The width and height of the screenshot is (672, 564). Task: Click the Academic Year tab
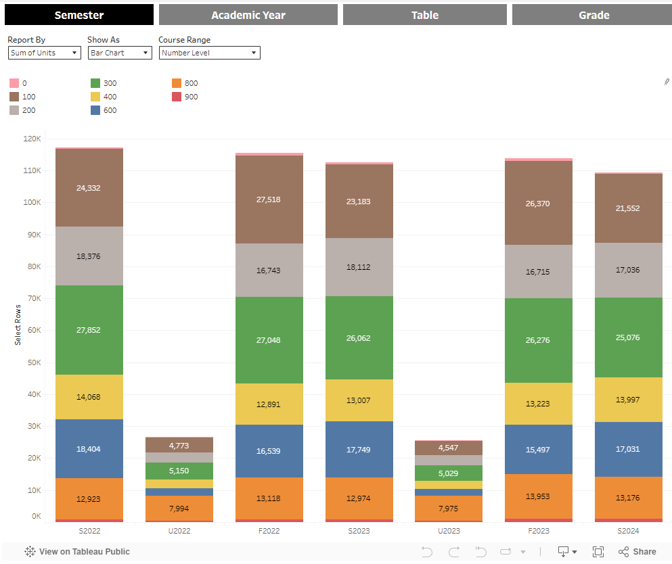(248, 15)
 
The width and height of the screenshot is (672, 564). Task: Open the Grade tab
(593, 15)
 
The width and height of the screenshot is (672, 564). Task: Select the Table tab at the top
(424, 15)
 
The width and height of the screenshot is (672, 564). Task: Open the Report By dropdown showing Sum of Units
(45, 53)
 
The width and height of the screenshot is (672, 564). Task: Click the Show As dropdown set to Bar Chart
(120, 53)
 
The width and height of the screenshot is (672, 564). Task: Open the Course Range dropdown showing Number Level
(209, 53)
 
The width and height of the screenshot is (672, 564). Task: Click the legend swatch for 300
(95, 83)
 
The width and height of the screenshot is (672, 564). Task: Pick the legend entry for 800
(177, 83)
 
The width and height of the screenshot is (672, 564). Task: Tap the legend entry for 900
(177, 97)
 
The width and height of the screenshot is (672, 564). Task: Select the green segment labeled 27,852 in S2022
(89, 330)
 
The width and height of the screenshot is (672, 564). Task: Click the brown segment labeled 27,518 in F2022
(269, 199)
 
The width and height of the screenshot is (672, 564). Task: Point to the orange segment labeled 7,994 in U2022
(179, 508)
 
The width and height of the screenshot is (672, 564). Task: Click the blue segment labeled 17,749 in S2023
(359, 449)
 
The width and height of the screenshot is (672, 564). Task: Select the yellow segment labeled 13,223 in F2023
(538, 404)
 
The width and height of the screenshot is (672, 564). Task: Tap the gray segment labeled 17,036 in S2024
(628, 270)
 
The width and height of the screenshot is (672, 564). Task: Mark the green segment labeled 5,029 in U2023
(448, 473)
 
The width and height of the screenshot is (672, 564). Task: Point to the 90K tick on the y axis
(32, 235)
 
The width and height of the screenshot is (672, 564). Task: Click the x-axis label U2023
(448, 531)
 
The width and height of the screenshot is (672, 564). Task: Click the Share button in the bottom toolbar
(637, 552)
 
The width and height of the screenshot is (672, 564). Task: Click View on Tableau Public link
(77, 552)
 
